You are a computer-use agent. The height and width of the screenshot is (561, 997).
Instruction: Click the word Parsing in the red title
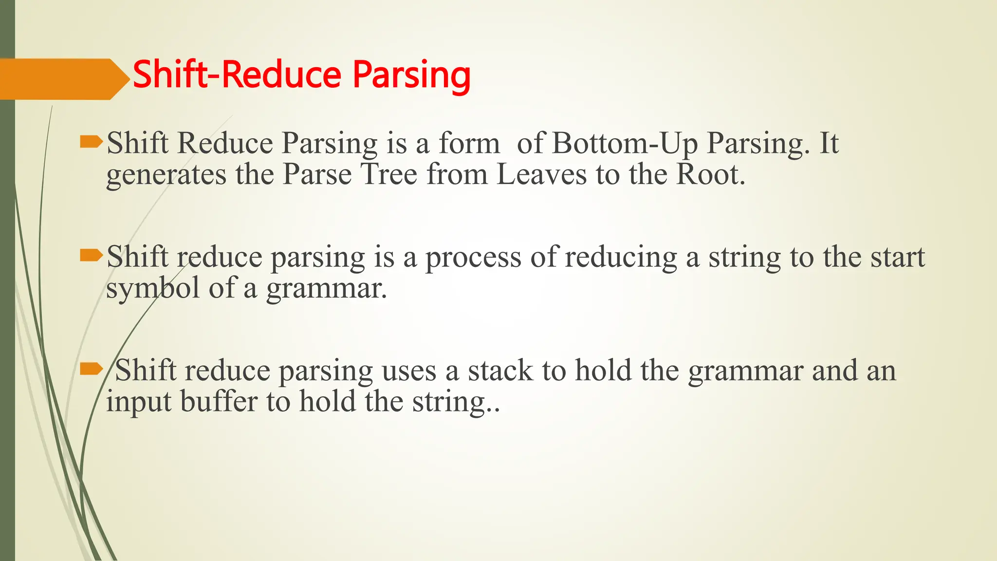tap(411, 75)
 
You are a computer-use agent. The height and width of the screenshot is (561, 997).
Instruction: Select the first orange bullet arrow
tap(91, 142)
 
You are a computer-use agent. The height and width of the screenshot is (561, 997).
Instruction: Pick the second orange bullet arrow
tap(91, 255)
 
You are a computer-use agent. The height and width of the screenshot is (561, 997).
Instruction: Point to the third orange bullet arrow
tap(91, 369)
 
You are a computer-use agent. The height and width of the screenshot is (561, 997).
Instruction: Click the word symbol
tap(153, 289)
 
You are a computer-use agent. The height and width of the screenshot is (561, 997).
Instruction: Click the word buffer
tap(219, 402)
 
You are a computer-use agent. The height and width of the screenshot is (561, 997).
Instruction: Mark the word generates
tap(166, 175)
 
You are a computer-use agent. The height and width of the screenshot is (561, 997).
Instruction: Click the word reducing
tap(621, 258)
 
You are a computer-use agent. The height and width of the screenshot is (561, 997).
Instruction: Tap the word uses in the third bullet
tap(409, 372)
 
